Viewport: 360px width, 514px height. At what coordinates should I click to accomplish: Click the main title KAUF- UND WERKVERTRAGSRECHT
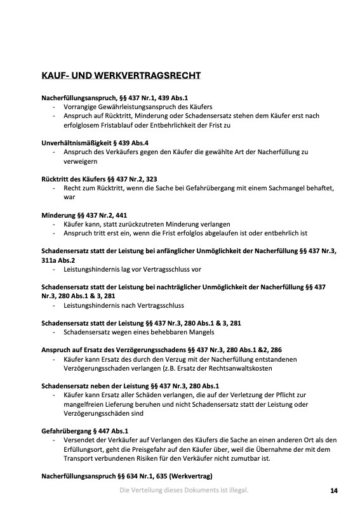coord(121,76)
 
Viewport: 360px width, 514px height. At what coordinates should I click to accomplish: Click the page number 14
coord(333,490)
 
